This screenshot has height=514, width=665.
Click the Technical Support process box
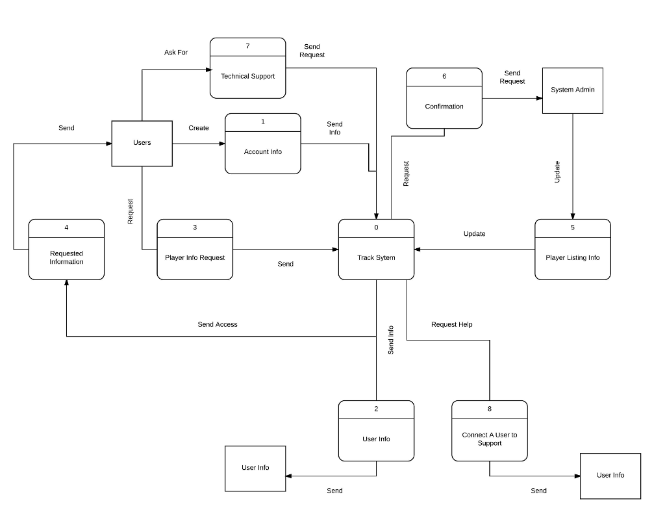point(247,76)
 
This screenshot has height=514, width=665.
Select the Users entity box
point(142,143)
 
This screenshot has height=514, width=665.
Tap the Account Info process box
point(262,151)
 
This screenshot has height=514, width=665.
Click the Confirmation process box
point(444,106)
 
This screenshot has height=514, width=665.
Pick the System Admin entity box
point(572,90)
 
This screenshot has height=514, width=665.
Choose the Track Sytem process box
point(376,257)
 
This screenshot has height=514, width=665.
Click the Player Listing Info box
point(572,257)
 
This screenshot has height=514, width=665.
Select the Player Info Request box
point(195,257)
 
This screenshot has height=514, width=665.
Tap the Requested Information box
point(66,257)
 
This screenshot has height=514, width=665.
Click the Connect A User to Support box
point(489,439)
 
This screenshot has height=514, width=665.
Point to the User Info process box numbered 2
point(376,439)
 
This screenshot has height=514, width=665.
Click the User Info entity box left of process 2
point(255,468)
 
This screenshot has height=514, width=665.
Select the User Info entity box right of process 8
point(610,476)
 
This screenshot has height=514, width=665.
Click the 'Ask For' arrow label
point(176,53)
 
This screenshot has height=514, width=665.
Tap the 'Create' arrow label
point(199,128)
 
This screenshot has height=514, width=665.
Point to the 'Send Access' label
point(218,324)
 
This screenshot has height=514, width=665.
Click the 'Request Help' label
point(452,324)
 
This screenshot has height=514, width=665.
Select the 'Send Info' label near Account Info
point(334,128)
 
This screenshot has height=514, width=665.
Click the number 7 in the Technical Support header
point(247,46)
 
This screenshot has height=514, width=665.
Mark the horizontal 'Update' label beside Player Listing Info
point(474,234)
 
